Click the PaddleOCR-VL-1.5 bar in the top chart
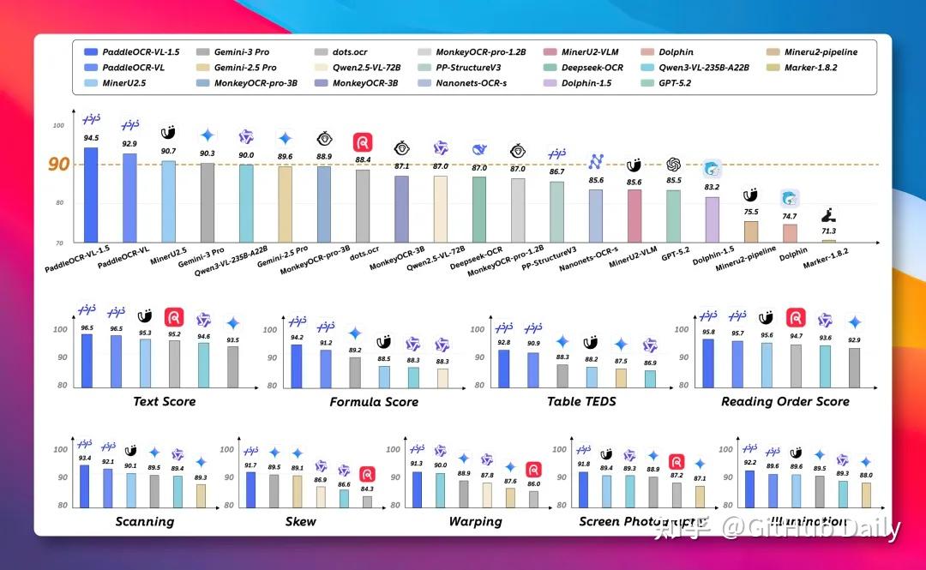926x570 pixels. point(91,195)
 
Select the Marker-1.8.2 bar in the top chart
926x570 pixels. point(828,241)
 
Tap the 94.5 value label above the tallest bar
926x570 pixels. point(91,137)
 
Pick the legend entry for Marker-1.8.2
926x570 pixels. point(810,67)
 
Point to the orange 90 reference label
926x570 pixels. point(58,165)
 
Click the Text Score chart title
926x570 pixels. point(164,401)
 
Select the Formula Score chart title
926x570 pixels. point(374,401)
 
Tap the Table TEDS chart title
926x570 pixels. point(581,401)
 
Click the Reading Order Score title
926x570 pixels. point(785,401)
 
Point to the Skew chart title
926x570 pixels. point(300,521)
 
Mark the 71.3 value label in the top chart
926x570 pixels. point(828,231)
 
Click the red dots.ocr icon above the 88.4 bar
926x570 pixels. point(363,142)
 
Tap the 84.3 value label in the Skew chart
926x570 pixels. point(367,489)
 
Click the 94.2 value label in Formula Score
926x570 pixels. point(297,338)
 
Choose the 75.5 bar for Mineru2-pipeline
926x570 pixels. point(750,231)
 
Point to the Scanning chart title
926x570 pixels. point(144,521)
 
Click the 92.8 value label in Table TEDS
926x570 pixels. point(504,343)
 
